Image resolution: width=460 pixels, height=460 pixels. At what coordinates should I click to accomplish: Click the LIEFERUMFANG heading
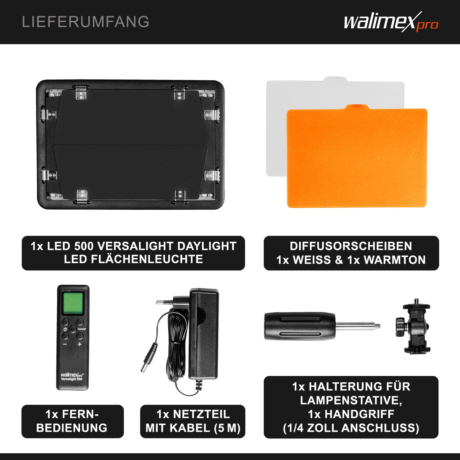(86, 22)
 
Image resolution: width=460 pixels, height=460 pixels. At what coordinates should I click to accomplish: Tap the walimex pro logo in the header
(391, 22)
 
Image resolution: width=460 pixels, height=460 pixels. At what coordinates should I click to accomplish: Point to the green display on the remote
(73, 303)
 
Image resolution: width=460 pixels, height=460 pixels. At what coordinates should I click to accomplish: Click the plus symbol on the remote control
(80, 344)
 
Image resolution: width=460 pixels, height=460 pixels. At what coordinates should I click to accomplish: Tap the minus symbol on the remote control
(65, 344)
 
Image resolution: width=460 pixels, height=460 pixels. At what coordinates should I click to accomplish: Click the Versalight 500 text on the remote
(72, 379)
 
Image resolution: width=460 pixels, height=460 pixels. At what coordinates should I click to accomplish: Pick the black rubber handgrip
(299, 326)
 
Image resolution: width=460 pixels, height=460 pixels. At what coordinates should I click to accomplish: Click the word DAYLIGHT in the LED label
(207, 246)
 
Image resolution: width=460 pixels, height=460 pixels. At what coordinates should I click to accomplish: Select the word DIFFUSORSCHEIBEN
(351, 246)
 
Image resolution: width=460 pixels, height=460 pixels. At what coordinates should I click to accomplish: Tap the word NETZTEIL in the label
(201, 414)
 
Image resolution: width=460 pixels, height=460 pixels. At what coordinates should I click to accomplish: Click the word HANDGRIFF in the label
(359, 414)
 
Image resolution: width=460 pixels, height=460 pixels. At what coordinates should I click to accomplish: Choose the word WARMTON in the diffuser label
(395, 260)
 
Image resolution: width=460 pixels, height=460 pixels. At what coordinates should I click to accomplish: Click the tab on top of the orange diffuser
(357, 106)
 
